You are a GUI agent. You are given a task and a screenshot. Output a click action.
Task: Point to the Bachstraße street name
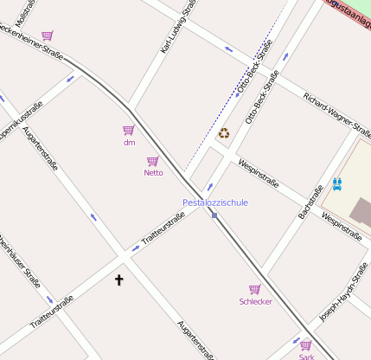[309, 201]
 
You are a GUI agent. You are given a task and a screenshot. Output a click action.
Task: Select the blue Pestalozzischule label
[215, 202]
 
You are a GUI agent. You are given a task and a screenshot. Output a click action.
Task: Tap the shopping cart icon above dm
[129, 130]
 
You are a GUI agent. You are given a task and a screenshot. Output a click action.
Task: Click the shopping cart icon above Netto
[153, 161]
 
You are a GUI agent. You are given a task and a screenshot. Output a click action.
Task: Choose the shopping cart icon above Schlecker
[255, 289]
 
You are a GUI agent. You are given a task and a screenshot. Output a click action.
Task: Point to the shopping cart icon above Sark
[306, 345]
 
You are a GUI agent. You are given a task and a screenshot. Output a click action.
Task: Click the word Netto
[153, 173]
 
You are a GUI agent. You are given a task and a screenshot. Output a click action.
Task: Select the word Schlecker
[255, 301]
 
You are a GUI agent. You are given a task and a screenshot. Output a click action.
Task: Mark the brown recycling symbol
[224, 133]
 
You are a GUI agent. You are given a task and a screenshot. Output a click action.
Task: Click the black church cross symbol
[119, 280]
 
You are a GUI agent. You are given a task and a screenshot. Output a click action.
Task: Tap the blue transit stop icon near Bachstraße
[336, 183]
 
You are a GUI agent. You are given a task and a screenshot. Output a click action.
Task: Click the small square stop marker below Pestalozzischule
[214, 215]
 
